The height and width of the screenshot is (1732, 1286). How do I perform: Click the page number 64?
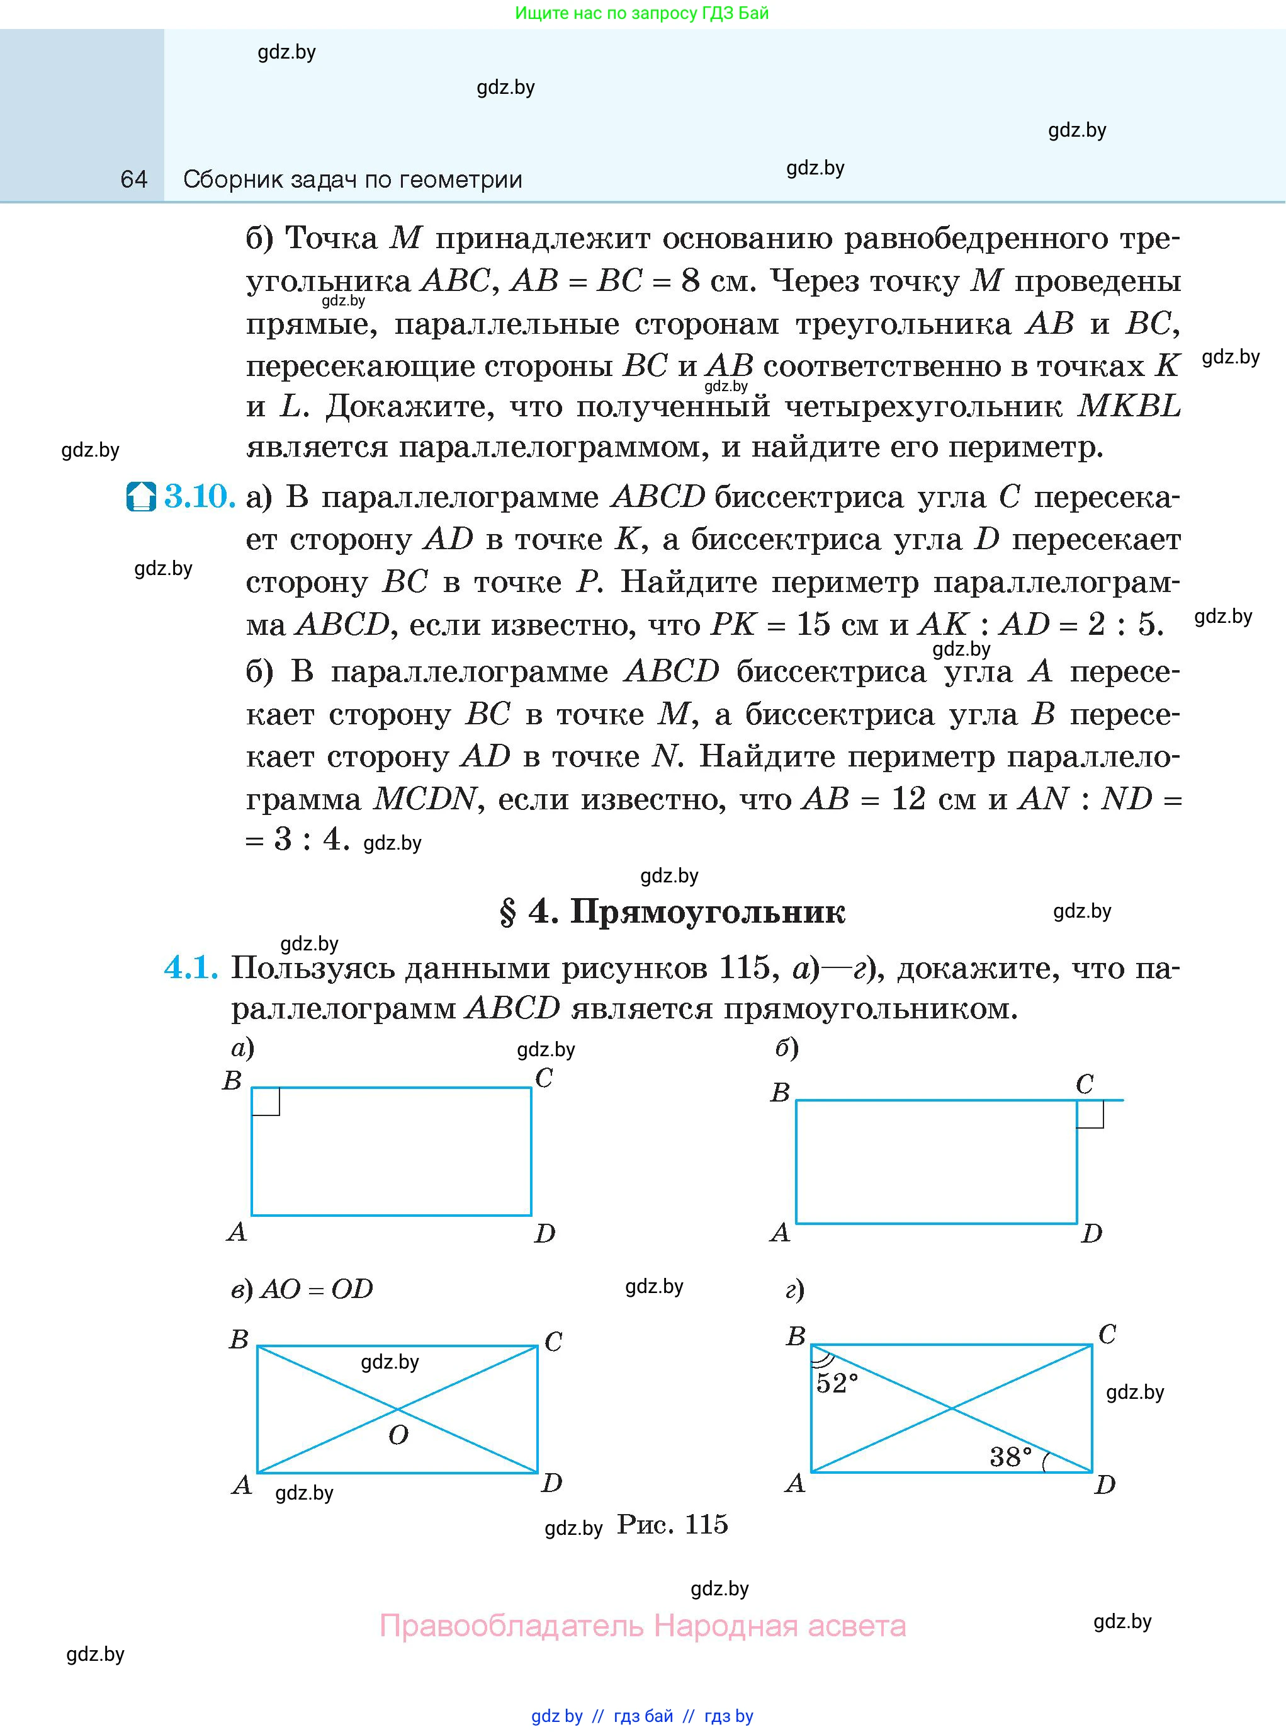pyautogui.click(x=134, y=180)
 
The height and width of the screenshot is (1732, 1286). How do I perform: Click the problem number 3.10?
pyautogui.click(x=200, y=496)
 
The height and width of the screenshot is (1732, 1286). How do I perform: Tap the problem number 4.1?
pyautogui.click(x=190, y=967)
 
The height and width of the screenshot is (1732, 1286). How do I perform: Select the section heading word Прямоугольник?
pyautogui.click(x=707, y=912)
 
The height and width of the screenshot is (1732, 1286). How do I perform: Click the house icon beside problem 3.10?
pyautogui.click(x=141, y=497)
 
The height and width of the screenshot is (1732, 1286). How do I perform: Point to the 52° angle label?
pyautogui.click(x=837, y=1383)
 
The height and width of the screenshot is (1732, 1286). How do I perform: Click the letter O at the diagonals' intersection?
pyautogui.click(x=398, y=1435)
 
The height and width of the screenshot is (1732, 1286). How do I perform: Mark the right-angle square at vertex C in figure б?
pyautogui.click(x=1090, y=1114)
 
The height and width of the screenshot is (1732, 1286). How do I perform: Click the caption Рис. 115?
pyautogui.click(x=672, y=1524)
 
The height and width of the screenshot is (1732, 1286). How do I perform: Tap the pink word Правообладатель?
pyautogui.click(x=512, y=1626)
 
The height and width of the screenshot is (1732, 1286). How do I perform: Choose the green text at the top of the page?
pyautogui.click(x=641, y=13)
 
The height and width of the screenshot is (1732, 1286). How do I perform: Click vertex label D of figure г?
pyautogui.click(x=1105, y=1485)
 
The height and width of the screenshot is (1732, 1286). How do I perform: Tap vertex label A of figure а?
pyautogui.click(x=237, y=1231)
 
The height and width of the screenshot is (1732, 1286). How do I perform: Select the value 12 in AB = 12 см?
pyautogui.click(x=908, y=798)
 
